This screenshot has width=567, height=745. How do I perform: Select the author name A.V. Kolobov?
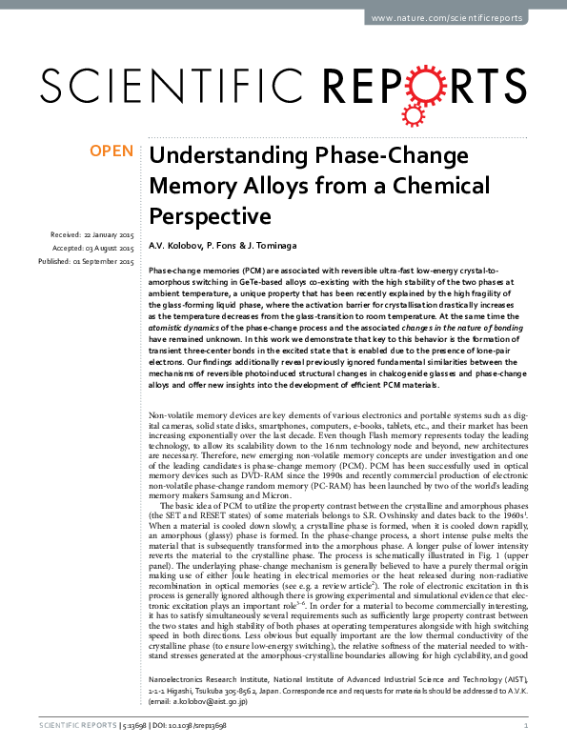point(177,247)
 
